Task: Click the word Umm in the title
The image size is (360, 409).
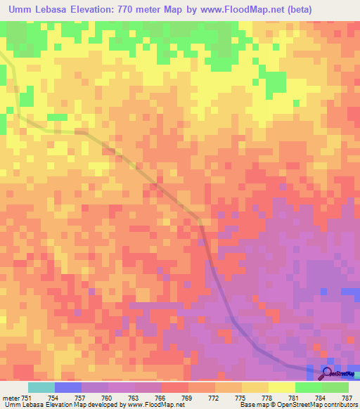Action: [x=23, y=9]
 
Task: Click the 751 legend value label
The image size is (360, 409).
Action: [x=27, y=397]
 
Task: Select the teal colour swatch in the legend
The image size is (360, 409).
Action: [x=41, y=387]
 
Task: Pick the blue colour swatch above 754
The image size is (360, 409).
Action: [x=68, y=387]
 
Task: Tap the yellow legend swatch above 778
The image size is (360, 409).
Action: [x=255, y=387]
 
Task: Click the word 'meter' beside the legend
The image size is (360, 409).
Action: [x=11, y=397]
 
